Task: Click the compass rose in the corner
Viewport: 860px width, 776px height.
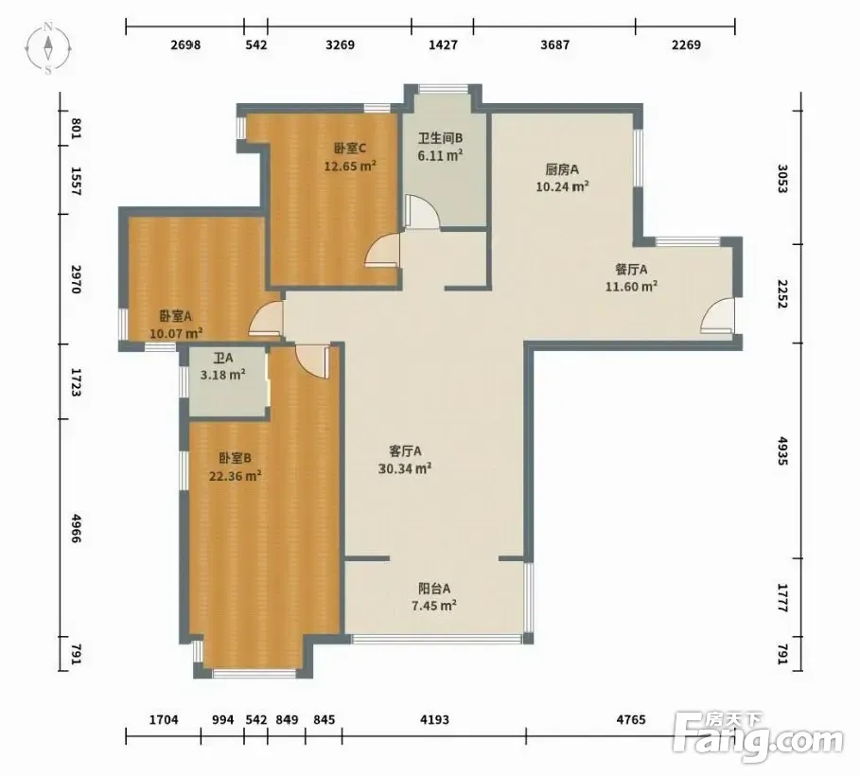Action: click(x=48, y=47)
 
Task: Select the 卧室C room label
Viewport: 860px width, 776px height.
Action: click(x=350, y=149)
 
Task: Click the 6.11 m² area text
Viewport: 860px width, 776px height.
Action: click(x=440, y=156)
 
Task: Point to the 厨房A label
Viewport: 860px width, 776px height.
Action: click(x=562, y=169)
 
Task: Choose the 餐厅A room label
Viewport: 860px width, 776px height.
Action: click(x=631, y=270)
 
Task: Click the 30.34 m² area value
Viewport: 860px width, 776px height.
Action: click(x=405, y=468)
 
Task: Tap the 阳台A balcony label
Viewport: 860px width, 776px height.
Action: click(x=434, y=589)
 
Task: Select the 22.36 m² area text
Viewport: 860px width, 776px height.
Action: click(x=235, y=476)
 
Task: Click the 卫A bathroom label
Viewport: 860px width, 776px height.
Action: click(x=223, y=359)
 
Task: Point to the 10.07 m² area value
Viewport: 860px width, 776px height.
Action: click(x=176, y=333)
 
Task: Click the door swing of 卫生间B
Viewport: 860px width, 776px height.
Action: click(x=422, y=212)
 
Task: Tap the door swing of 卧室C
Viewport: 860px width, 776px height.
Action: click(x=383, y=250)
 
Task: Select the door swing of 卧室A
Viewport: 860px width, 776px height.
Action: click(x=266, y=318)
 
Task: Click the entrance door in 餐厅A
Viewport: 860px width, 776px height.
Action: click(x=718, y=315)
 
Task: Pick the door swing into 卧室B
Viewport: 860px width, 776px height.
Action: click(x=312, y=362)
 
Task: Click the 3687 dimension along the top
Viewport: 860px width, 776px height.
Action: click(x=555, y=44)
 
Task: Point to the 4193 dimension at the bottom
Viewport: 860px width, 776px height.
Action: click(x=434, y=719)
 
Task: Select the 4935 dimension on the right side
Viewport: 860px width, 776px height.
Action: click(x=782, y=451)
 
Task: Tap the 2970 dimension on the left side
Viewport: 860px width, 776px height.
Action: click(x=76, y=279)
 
